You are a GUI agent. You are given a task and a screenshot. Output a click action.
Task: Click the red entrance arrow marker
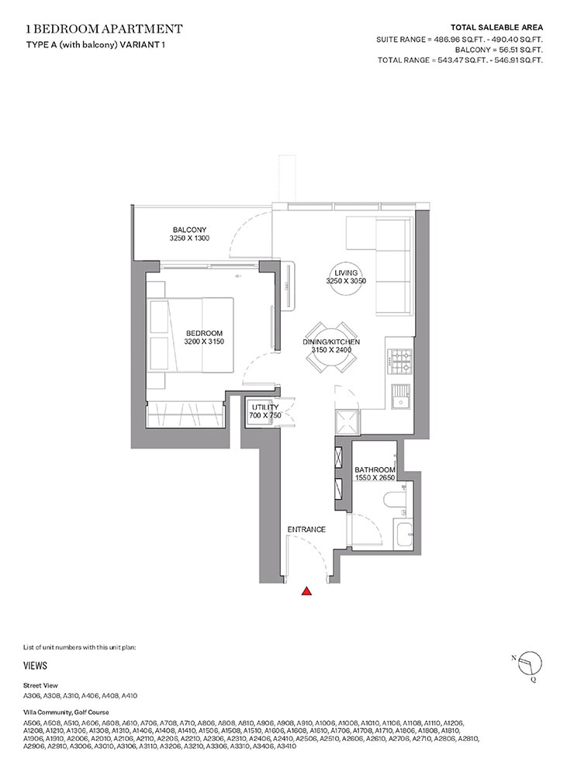(307, 592)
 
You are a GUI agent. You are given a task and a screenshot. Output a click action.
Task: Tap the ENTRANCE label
(306, 529)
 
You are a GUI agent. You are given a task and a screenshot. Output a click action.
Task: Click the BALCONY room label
(189, 230)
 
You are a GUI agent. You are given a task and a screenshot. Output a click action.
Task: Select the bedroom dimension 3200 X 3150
(204, 341)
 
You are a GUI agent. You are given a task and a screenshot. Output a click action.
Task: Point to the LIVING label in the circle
(346, 273)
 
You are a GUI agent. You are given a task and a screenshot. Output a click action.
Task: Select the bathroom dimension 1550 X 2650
(375, 479)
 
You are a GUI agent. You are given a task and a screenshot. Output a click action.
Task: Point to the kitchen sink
(401, 398)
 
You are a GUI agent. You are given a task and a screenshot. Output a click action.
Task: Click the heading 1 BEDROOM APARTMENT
(104, 29)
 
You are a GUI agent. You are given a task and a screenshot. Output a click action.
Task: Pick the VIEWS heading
(36, 665)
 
